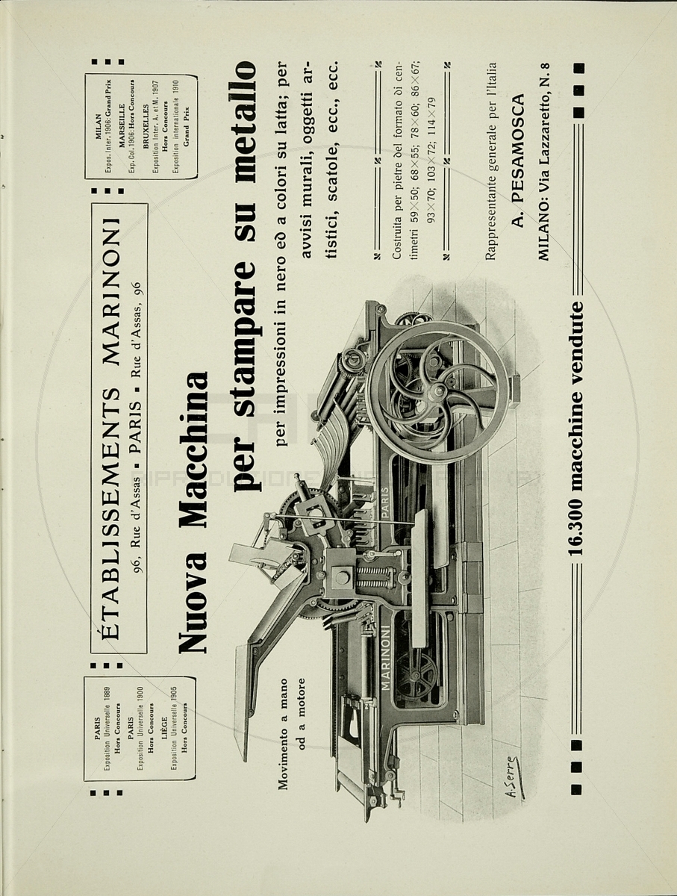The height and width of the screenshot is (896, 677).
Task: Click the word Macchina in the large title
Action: point(193,433)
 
